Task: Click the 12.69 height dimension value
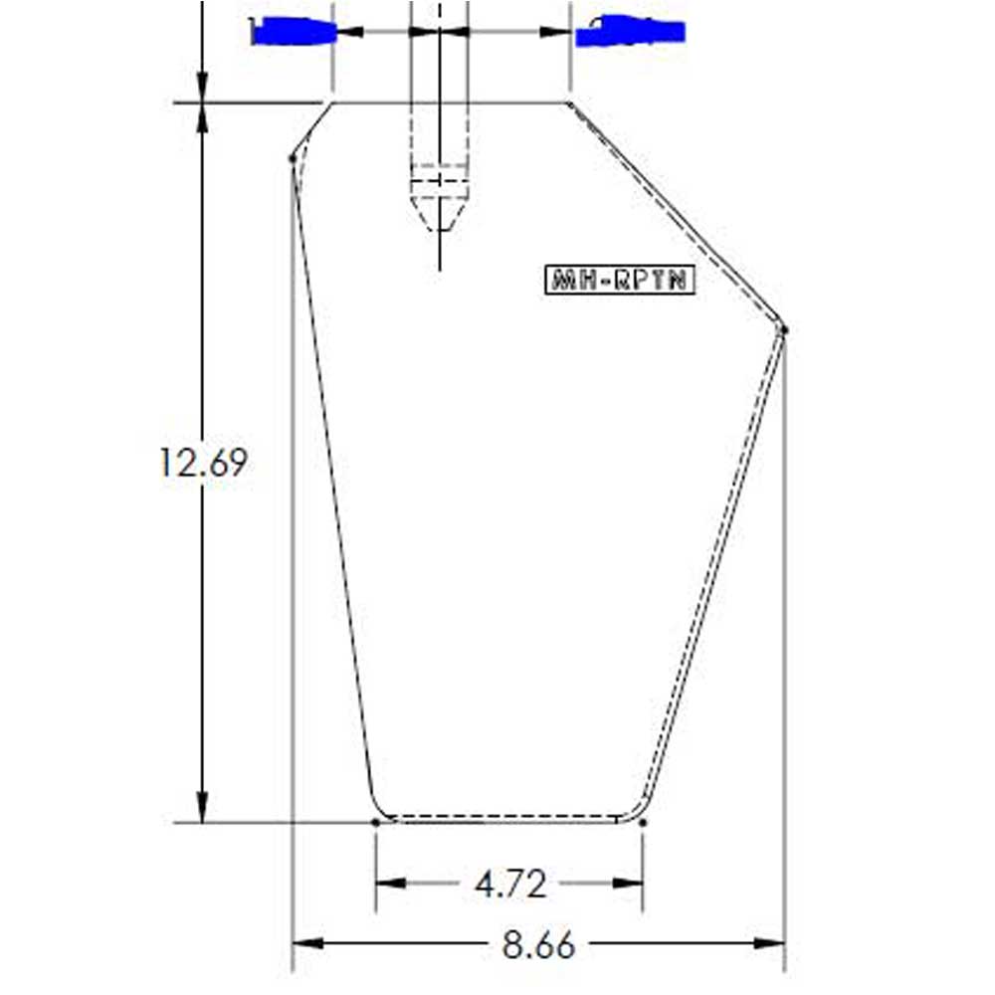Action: coord(202,463)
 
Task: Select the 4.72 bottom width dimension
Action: coord(510,884)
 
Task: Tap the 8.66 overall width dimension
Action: coord(538,944)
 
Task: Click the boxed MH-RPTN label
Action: coord(620,280)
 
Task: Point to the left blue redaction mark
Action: coord(294,31)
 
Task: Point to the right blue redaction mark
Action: coord(631,31)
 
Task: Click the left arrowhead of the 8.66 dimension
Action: coord(307,943)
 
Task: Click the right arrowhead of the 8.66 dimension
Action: coord(769,943)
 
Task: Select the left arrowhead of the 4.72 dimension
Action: coord(391,883)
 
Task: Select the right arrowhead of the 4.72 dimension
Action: coord(627,883)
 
